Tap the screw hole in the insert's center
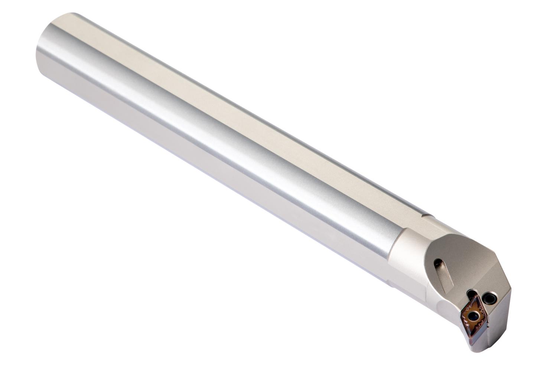pos(473,316)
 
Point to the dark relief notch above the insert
pos(471,294)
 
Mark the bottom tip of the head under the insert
pos(477,347)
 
